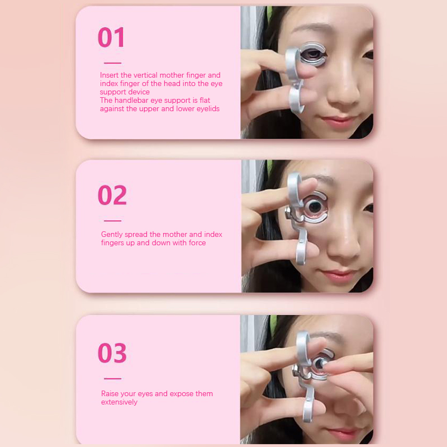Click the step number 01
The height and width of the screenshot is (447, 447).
pyautogui.click(x=111, y=37)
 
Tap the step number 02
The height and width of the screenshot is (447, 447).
pyautogui.click(x=112, y=195)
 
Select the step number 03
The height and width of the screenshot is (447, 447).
pyautogui.click(x=112, y=353)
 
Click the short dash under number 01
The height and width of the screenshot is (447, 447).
pyautogui.click(x=113, y=63)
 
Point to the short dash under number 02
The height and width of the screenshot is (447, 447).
pyautogui.click(x=113, y=221)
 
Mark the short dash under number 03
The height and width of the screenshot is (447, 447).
pyautogui.click(x=113, y=379)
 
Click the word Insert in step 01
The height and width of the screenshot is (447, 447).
pyautogui.click(x=109, y=75)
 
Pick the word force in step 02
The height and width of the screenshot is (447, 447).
pyautogui.click(x=197, y=243)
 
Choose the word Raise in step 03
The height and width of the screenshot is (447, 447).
pyautogui.click(x=110, y=394)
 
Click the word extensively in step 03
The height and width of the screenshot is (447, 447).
pyautogui.click(x=119, y=402)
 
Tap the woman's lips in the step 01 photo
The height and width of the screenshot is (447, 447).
pyautogui.click(x=339, y=121)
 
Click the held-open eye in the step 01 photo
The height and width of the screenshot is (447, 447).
pyautogui.click(x=312, y=55)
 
